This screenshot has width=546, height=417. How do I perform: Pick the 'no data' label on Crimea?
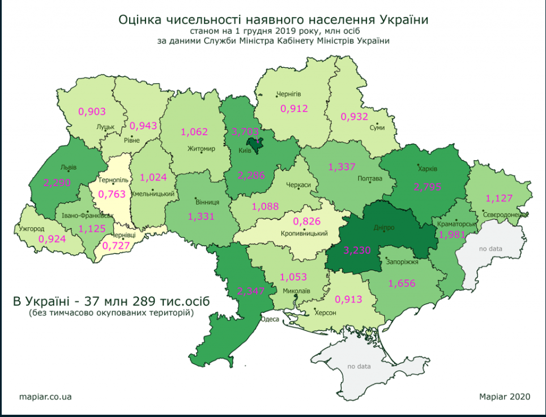coord(359,366)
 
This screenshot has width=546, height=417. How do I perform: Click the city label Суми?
coord(377,128)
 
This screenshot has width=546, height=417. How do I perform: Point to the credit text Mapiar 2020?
coord(504,397)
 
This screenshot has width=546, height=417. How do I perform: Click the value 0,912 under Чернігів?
coord(294,108)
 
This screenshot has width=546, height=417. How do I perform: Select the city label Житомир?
coord(201,149)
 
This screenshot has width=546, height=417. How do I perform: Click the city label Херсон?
coord(325,313)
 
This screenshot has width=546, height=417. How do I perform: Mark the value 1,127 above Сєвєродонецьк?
coord(499,198)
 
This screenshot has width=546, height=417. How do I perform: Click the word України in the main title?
coord(403,20)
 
